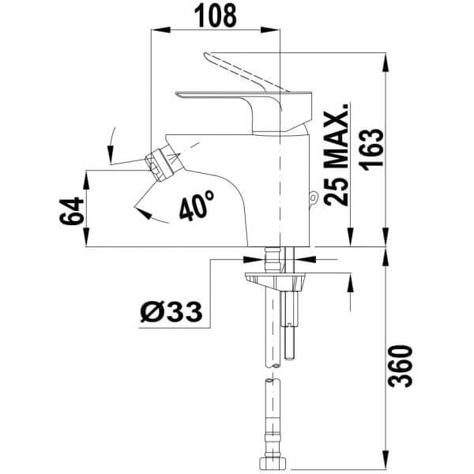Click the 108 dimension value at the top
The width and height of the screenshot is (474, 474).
(x=216, y=14)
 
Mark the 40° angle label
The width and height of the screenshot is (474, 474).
(x=197, y=205)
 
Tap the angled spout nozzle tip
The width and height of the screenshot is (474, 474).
(x=161, y=162)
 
